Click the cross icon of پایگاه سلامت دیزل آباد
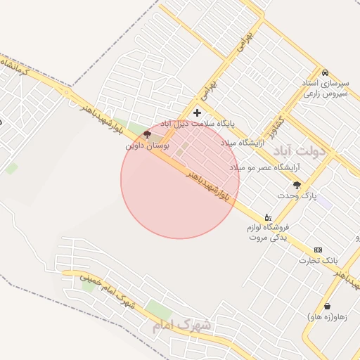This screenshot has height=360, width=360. click(x=197, y=112)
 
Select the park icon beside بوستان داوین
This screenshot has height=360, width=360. click(x=146, y=134)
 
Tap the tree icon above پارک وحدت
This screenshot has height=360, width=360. click(x=297, y=185)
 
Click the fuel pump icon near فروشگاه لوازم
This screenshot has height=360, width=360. click(x=267, y=217)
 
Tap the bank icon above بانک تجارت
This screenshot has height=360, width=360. click(x=318, y=250)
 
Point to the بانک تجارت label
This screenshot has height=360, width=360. click(x=314, y=260)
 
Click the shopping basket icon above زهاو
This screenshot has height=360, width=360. click(x=328, y=307)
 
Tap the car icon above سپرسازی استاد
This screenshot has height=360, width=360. click(x=324, y=73)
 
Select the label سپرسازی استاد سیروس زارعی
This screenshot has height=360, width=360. click(x=324, y=88)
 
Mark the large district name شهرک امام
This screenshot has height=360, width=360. click(x=181, y=326)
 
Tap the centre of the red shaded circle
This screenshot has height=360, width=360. click(x=180, y=180)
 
